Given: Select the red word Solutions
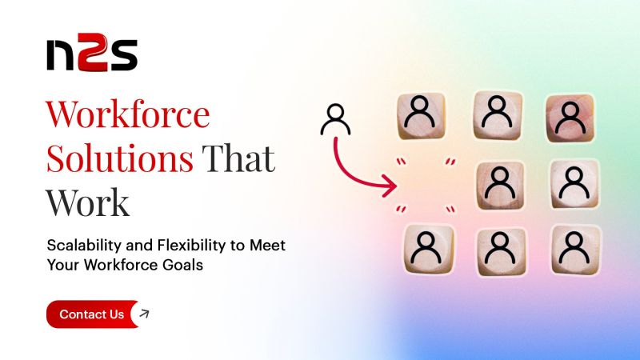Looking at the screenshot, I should [x=119, y=159].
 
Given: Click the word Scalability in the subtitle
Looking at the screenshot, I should [x=82, y=245].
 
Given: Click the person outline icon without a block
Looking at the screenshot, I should [x=334, y=120].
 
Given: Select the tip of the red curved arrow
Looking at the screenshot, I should [x=396, y=189].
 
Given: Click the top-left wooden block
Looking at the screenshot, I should [x=421, y=116].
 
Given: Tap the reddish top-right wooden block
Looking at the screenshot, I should [x=570, y=118].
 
